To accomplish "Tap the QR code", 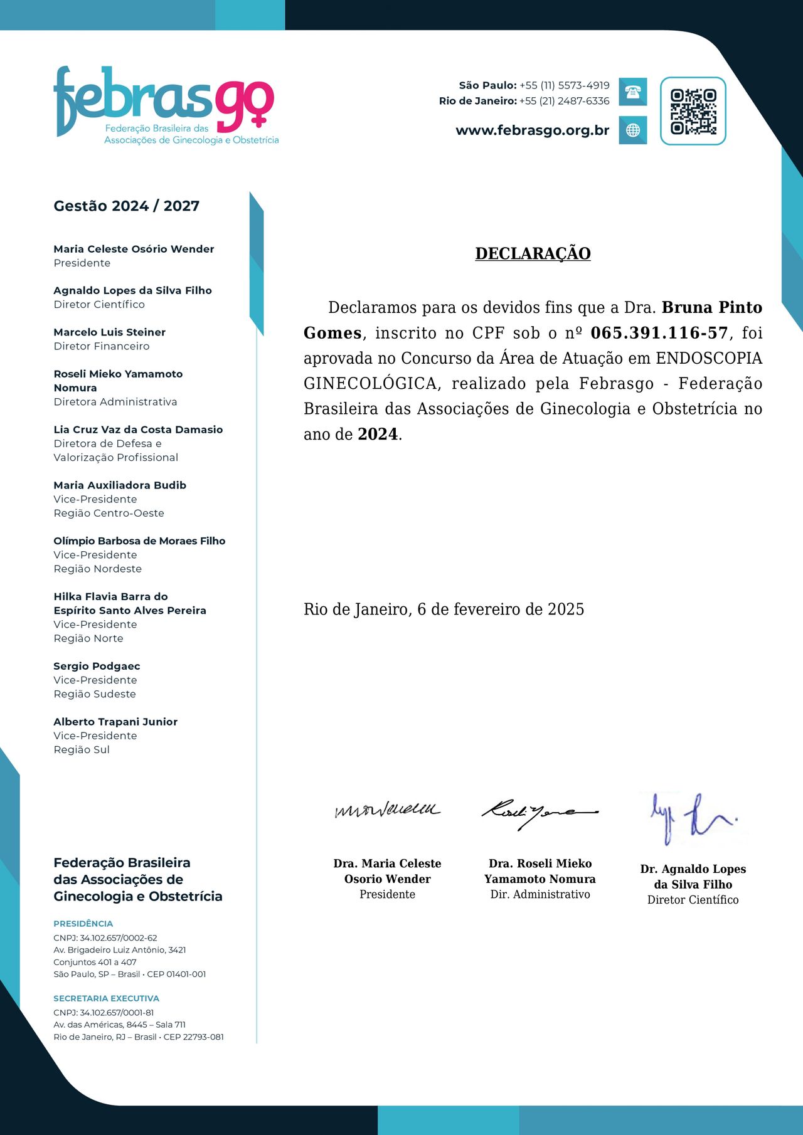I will click(693, 111).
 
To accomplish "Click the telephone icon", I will click(632, 92).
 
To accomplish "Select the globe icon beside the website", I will click(632, 130).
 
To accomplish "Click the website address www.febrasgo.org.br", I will click(532, 130).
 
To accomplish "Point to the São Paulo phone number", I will click(564, 85).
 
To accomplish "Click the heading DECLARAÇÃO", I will click(533, 253).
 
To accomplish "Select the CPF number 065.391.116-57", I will click(659, 333).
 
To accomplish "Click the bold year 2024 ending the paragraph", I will click(378, 434).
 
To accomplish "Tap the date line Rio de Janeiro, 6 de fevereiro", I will click(444, 609).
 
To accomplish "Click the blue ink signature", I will click(693, 816).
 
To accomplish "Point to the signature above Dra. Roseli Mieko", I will click(539, 813).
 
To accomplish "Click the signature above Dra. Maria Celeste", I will click(387, 810).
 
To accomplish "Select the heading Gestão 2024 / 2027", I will click(126, 206).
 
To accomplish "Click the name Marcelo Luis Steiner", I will click(109, 332).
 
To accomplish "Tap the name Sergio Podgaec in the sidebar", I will click(97, 666).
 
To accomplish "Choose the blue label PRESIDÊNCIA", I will click(83, 924).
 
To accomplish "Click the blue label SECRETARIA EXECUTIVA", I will click(106, 998).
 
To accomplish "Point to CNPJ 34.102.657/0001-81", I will click(104, 1012).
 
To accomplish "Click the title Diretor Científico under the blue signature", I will click(693, 900).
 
